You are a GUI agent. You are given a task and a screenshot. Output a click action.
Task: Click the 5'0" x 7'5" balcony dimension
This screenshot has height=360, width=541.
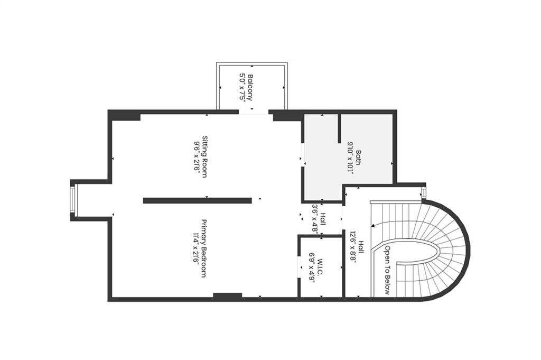tap(242, 88)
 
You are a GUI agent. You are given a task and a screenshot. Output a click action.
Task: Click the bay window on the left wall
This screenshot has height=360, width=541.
tap(73, 201)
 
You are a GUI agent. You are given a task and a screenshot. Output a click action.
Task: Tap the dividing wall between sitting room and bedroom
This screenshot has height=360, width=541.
tap(197, 200)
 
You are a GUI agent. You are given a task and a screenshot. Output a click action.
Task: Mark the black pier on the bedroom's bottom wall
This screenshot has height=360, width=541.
tap(227, 296)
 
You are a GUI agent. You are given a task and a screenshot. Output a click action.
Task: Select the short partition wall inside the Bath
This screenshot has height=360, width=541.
tap(339, 128)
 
